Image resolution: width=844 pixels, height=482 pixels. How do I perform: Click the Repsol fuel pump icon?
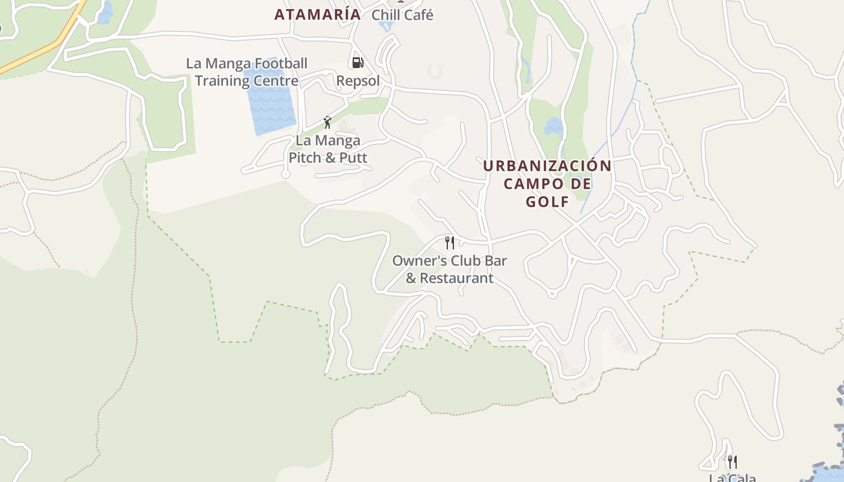tap(357, 63)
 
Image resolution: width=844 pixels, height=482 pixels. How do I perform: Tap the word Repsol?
tap(358, 81)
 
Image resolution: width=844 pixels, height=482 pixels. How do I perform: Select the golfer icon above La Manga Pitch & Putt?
tap(327, 122)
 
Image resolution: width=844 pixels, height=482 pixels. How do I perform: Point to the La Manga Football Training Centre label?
tap(247, 72)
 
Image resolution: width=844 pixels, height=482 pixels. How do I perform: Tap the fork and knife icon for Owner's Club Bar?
tap(449, 242)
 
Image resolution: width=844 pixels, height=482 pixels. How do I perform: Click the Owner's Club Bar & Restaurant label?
tap(449, 269)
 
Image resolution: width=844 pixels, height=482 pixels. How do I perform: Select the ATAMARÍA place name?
tap(317, 14)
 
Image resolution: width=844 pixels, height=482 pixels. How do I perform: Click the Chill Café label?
tap(402, 15)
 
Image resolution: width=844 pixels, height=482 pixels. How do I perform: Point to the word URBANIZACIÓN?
tap(547, 166)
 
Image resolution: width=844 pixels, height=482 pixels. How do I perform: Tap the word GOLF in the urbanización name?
tap(547, 202)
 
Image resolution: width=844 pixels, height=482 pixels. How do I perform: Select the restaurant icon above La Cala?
tap(732, 462)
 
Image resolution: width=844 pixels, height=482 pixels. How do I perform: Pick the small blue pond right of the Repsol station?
tap(553, 127)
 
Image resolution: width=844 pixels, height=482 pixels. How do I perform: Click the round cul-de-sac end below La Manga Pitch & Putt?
tap(286, 174)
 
